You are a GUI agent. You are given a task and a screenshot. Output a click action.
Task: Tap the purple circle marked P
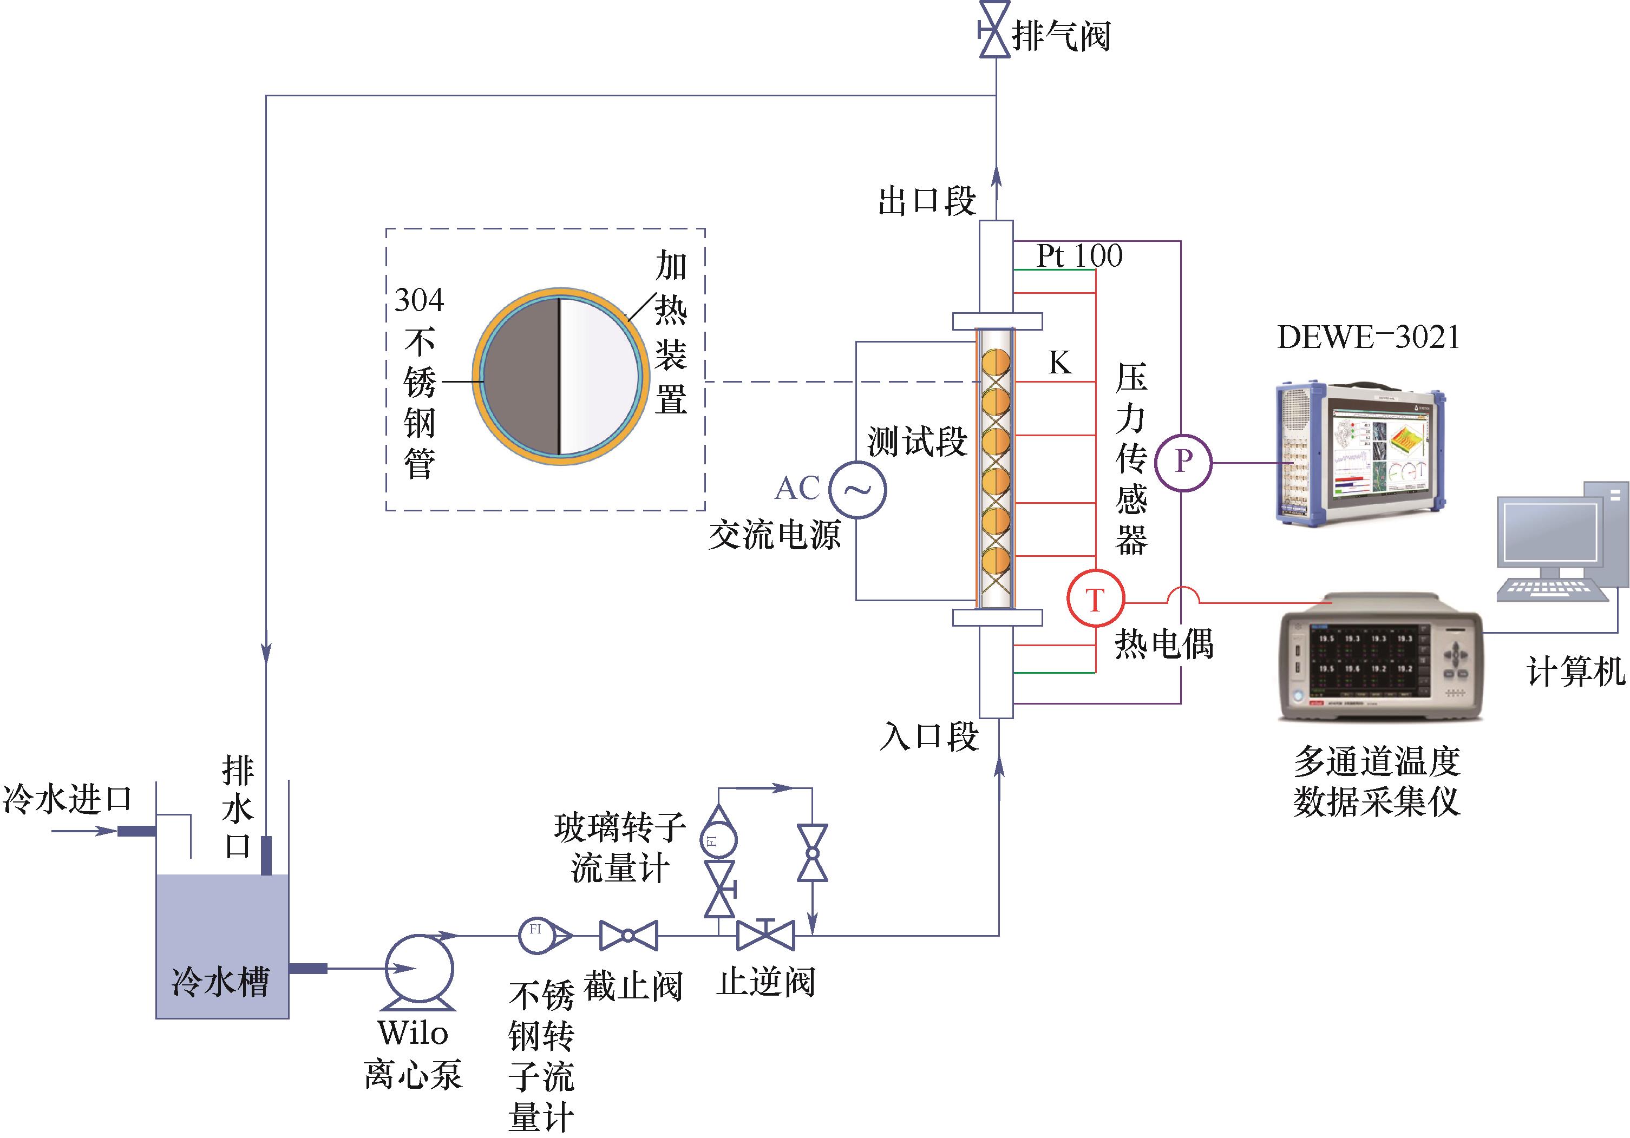point(1183,463)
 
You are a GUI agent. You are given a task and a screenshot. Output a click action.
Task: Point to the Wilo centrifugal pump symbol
point(419,969)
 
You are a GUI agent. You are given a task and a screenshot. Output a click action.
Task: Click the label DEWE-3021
point(1368,338)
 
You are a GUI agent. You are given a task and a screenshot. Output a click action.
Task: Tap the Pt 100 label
point(1079,256)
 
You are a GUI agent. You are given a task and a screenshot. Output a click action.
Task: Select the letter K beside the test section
point(1059,363)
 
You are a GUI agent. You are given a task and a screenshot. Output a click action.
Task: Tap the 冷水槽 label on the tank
point(221,982)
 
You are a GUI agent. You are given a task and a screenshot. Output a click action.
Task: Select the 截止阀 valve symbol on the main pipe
point(629,936)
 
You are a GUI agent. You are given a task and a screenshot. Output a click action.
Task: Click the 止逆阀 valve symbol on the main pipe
point(765,936)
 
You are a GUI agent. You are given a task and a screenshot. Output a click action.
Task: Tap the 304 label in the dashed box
point(419,301)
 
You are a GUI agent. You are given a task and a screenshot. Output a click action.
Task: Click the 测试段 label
point(917,442)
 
